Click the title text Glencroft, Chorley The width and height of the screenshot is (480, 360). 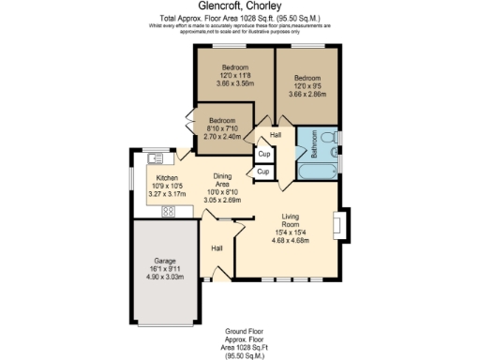tap(240, 7)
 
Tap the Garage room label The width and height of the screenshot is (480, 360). tap(164, 261)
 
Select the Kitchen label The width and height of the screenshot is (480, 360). tap(168, 178)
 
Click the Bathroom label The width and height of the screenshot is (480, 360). tap(314, 149)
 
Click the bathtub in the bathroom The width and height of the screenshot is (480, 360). tap(320, 172)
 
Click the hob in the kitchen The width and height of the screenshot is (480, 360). tap(169, 211)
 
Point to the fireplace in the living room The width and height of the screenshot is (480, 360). tap(348, 225)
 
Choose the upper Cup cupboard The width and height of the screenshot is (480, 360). tap(264, 154)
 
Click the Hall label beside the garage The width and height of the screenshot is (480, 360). tap(217, 248)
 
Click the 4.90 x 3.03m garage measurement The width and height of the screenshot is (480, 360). tap(164, 277)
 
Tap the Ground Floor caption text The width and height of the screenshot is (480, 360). tap(240, 332)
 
